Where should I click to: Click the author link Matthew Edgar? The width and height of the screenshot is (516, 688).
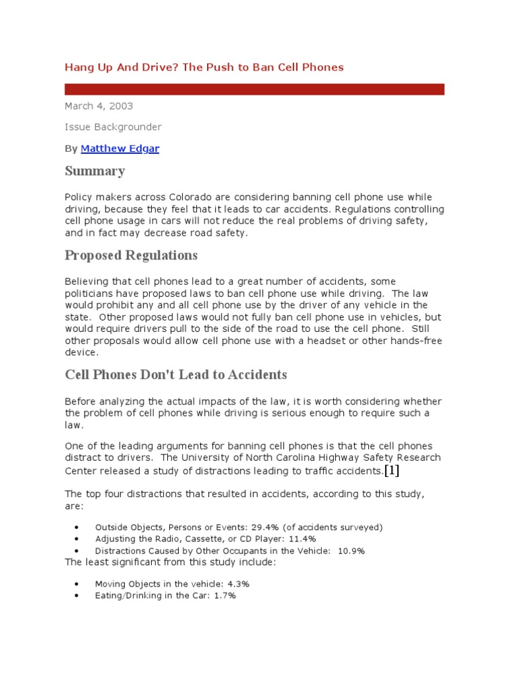coord(120,148)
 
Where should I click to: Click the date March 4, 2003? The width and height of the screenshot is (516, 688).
coord(99,105)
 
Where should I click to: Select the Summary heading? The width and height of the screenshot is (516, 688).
coord(95,171)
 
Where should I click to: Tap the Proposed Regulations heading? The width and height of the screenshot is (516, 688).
coord(131,255)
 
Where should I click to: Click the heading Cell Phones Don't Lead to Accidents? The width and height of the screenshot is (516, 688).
coord(175,375)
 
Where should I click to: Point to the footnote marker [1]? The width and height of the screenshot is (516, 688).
coord(391,470)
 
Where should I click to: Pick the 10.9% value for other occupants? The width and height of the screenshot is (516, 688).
coord(350,551)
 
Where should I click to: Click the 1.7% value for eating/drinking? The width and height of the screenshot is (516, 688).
coord(224,596)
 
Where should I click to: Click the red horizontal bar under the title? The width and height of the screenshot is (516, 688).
coord(254,89)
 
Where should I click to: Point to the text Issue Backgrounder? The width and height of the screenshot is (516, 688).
coord(113,127)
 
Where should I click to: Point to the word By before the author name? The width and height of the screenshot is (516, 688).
coord(71,148)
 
